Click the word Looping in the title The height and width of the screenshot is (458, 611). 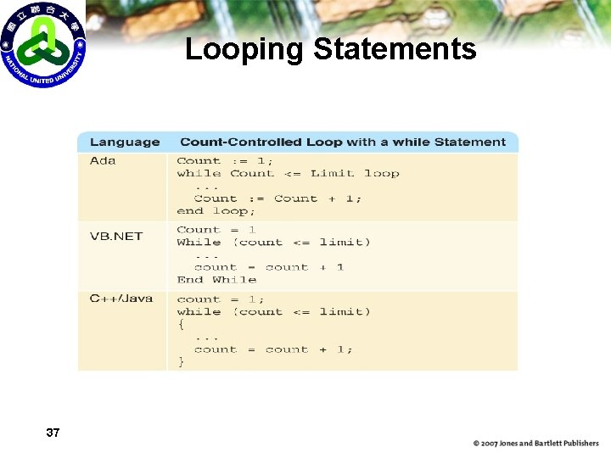coord(244,50)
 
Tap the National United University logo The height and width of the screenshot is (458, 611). coord(42,44)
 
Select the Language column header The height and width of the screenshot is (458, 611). coord(124,142)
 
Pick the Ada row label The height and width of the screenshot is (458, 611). coord(103,161)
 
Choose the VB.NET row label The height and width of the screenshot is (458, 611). coord(116,236)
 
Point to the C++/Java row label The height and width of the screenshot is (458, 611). coord(121,299)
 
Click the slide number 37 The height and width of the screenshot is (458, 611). coord(53,433)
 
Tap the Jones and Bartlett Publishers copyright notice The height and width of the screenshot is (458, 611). coord(535,443)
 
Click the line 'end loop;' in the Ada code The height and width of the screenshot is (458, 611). coord(216,211)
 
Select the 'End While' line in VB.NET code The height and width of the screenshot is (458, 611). coord(216,280)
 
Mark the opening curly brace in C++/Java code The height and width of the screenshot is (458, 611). coord(181,324)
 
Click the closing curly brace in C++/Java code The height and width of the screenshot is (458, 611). coord(181,361)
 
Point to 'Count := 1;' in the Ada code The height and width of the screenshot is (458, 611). coord(224,161)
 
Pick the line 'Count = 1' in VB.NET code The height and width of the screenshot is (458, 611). coord(216,230)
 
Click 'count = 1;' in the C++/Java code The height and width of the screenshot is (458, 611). coord(221,299)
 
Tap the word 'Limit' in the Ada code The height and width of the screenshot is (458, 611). coord(332,174)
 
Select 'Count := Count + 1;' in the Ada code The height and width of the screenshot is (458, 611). coord(277,198)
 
